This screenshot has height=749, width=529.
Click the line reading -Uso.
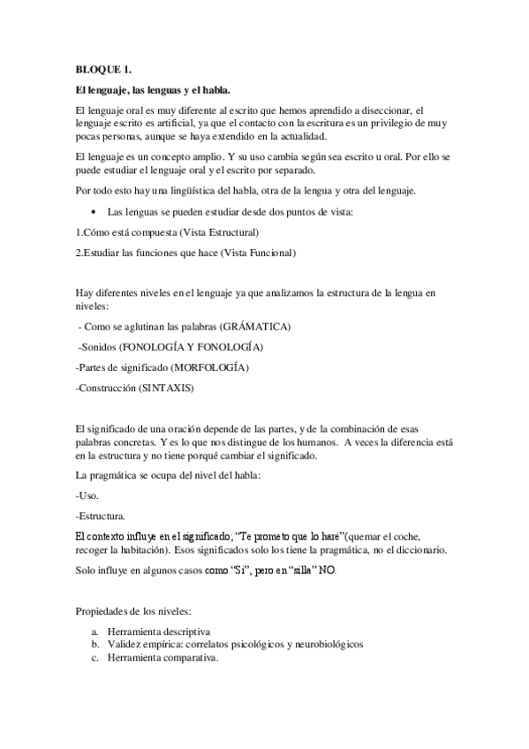[87, 496]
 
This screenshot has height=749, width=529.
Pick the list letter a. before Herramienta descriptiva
[94, 632]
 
